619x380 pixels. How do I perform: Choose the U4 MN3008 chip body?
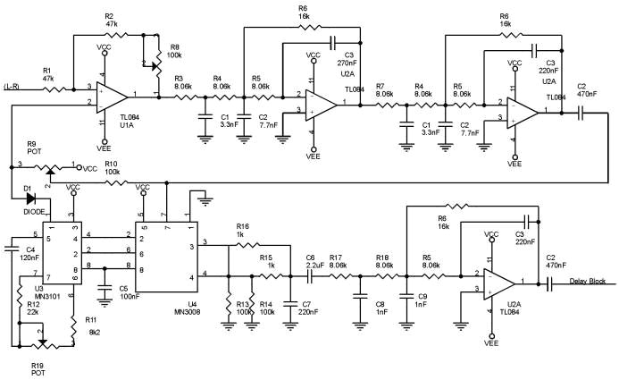pyautogui.click(x=166, y=256)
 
